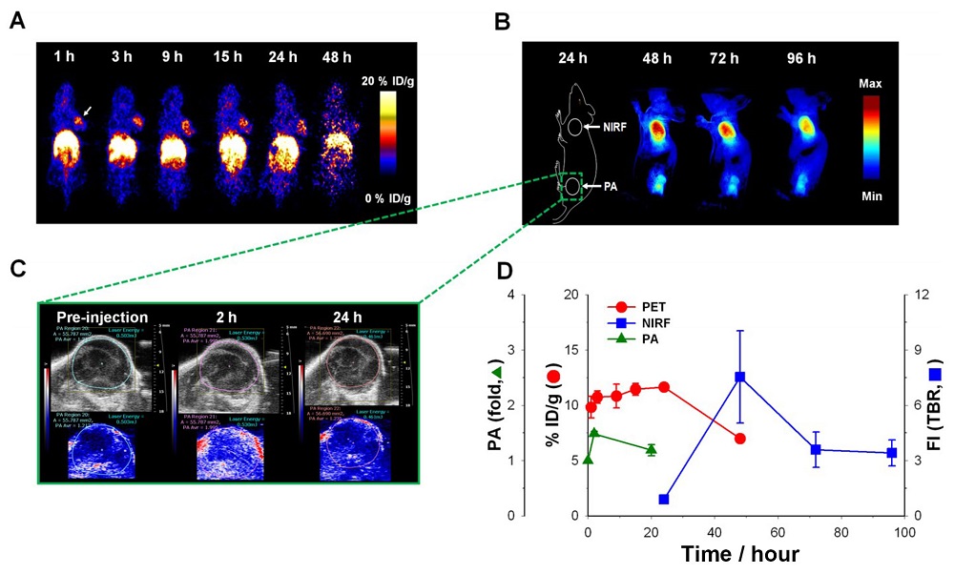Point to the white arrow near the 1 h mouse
point(87,112)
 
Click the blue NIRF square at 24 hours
point(664,499)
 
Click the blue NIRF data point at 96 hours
point(891,453)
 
